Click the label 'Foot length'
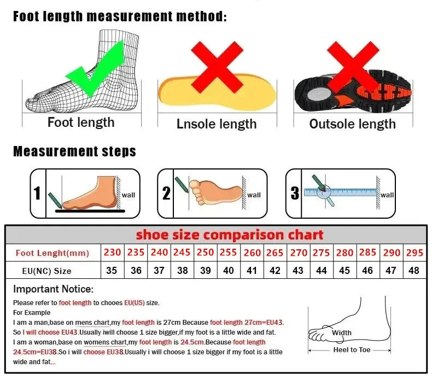pos(81,122)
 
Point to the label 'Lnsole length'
pos(217,124)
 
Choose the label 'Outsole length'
pos(352,124)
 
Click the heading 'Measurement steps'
pos(74,151)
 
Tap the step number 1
pos(37,194)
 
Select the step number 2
pos(166,193)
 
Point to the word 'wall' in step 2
pos(254,195)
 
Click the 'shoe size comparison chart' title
pos(230,235)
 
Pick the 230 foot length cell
pos(112,253)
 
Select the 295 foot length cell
pos(414,253)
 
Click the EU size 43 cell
pos(299,271)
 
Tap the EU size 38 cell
pos(182,271)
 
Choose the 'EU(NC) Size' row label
pos(47,271)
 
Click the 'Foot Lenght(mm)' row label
pos(52,253)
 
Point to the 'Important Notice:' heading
pos(54,289)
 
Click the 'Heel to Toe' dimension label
pos(352,350)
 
